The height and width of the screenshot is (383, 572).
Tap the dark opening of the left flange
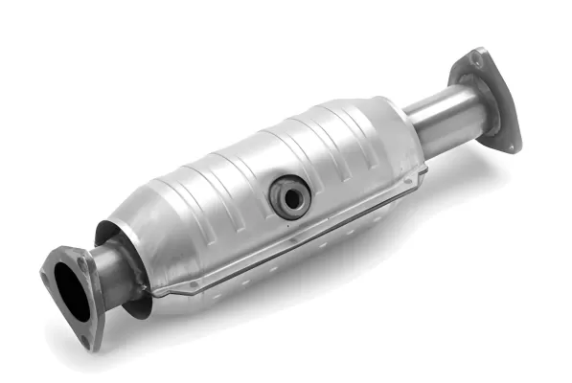coord(70,290)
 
